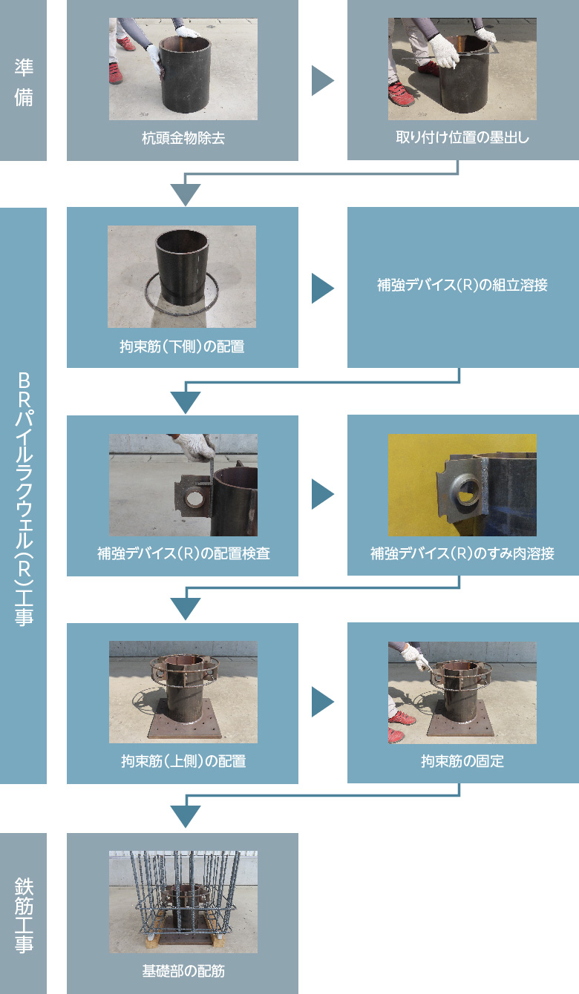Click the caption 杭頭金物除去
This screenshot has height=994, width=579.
tap(183, 138)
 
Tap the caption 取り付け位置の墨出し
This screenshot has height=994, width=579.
tap(462, 137)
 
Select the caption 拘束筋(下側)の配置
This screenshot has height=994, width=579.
tap(182, 346)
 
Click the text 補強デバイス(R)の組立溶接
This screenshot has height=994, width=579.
tap(462, 285)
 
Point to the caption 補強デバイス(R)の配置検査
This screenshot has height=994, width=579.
tap(183, 553)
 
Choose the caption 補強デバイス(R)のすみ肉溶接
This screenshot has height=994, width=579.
tap(462, 553)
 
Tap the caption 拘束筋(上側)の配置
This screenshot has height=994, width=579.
tap(183, 761)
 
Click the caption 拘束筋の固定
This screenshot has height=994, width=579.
tap(462, 761)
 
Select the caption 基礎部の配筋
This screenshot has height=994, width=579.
tap(183, 971)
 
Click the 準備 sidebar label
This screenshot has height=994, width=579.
tap(24, 82)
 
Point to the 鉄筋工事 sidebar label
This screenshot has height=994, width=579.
tap(24, 915)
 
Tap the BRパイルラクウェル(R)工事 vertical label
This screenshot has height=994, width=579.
tap(24, 499)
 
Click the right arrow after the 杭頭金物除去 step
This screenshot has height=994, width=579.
tap(322, 81)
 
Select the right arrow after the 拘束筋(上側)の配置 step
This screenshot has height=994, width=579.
tap(322, 702)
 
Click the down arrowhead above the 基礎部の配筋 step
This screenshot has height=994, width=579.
tap(186, 817)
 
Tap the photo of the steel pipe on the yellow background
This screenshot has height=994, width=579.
tap(462, 485)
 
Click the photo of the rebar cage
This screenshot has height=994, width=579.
tap(183, 902)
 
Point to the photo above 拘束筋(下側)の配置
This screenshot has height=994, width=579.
tap(182, 277)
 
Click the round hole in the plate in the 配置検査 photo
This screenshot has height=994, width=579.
tap(194, 498)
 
